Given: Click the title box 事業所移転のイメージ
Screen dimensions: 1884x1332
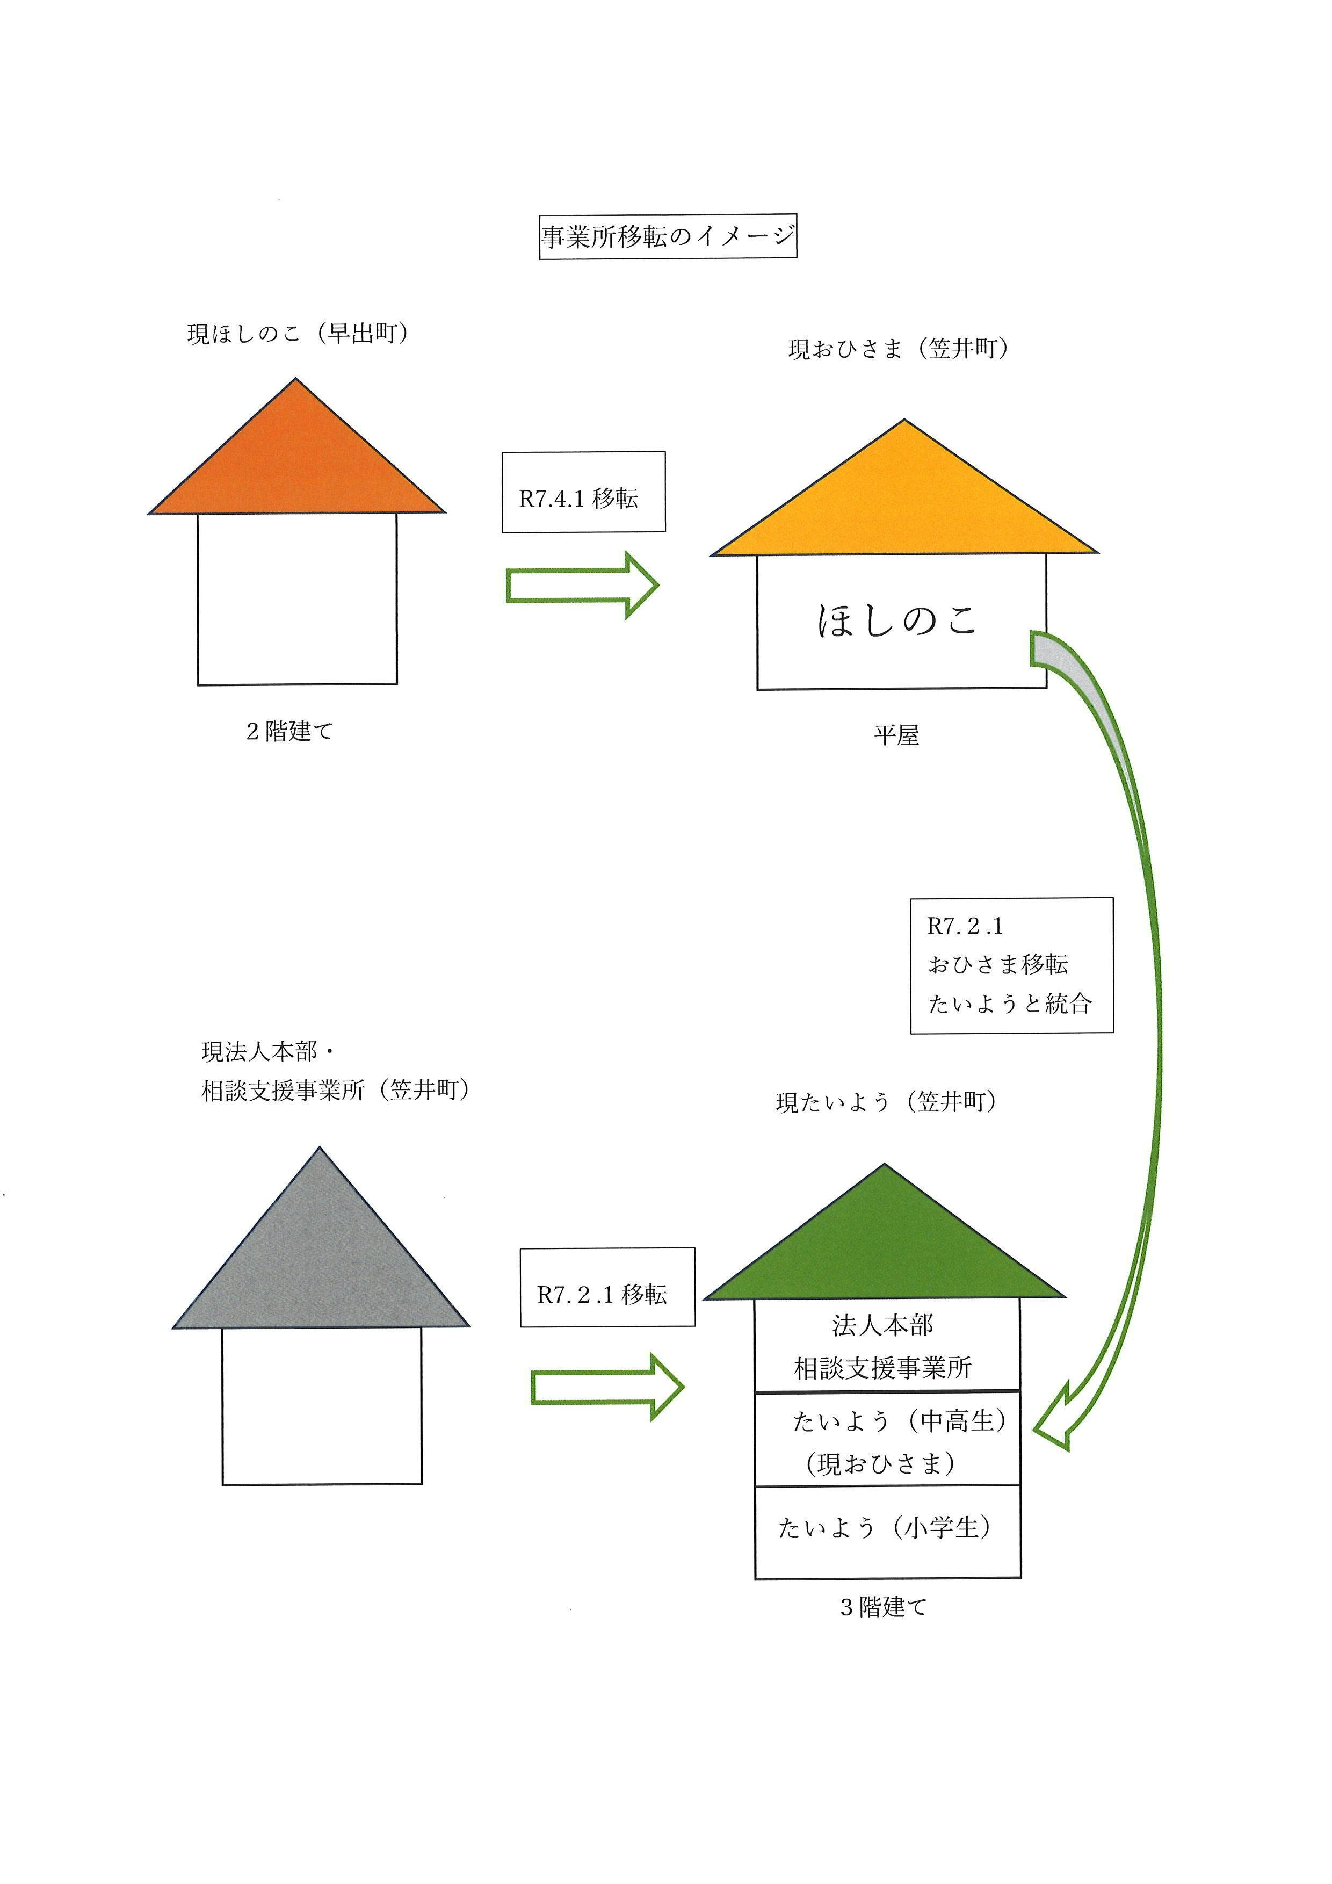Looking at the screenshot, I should pyautogui.click(x=668, y=236).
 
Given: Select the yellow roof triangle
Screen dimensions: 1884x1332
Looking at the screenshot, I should pyautogui.click(x=904, y=504).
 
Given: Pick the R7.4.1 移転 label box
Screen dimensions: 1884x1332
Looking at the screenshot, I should pyautogui.click(x=583, y=492).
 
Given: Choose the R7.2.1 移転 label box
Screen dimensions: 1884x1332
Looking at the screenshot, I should pyautogui.click(x=607, y=1294).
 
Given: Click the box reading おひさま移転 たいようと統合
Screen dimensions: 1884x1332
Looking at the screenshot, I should pyautogui.click(x=1011, y=965).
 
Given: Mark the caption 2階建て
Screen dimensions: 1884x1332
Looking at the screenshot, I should pyautogui.click(x=289, y=731).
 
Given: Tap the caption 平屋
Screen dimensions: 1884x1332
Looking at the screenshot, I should pyautogui.click(x=896, y=735).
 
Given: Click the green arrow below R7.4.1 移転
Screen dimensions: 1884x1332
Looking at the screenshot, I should pyautogui.click(x=582, y=585).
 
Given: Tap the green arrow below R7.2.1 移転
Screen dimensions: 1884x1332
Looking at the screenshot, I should pyautogui.click(x=607, y=1387).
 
